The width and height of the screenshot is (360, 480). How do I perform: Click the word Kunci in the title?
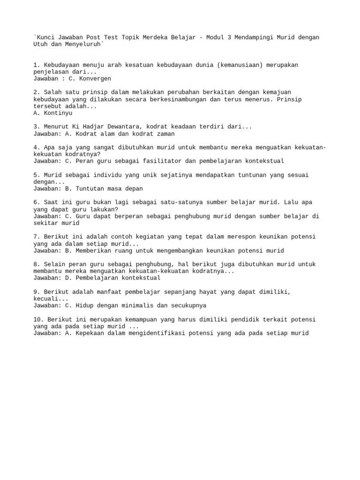pyautogui.click(x=45, y=37)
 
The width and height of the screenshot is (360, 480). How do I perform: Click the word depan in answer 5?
pyautogui.click(x=133, y=188)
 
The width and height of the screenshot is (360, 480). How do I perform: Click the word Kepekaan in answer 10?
pyautogui.click(x=88, y=333)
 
